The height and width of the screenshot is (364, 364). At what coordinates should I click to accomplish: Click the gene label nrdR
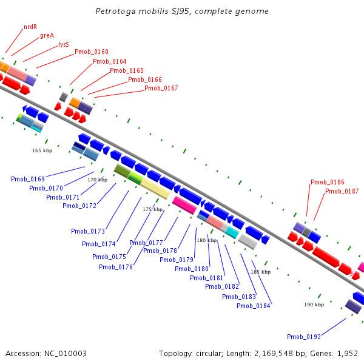point(30,27)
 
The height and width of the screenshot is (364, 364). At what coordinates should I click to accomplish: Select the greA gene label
point(47,35)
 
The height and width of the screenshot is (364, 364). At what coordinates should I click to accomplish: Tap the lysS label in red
point(64,44)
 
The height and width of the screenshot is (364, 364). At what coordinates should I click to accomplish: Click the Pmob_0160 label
point(92,52)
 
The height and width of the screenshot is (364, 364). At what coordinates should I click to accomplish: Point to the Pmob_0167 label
point(161,88)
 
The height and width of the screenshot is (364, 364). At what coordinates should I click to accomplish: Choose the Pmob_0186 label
point(328,182)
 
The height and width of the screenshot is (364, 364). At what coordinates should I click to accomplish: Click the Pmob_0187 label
point(342,191)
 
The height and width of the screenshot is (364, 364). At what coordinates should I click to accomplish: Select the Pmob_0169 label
point(28,179)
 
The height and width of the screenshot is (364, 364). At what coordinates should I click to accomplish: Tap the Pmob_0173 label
point(88,231)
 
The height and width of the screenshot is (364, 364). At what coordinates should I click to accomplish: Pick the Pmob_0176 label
point(116,267)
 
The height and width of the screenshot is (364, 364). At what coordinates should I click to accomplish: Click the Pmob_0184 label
point(254,306)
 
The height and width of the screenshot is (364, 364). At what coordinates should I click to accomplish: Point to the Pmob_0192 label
point(304,337)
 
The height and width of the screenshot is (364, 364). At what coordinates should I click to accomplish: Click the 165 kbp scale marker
point(42,150)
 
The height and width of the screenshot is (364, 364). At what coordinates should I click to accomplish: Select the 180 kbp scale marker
point(206,240)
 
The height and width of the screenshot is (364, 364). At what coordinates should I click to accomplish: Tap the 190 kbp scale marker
point(314,305)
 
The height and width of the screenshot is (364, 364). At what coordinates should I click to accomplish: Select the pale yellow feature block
point(155,189)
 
